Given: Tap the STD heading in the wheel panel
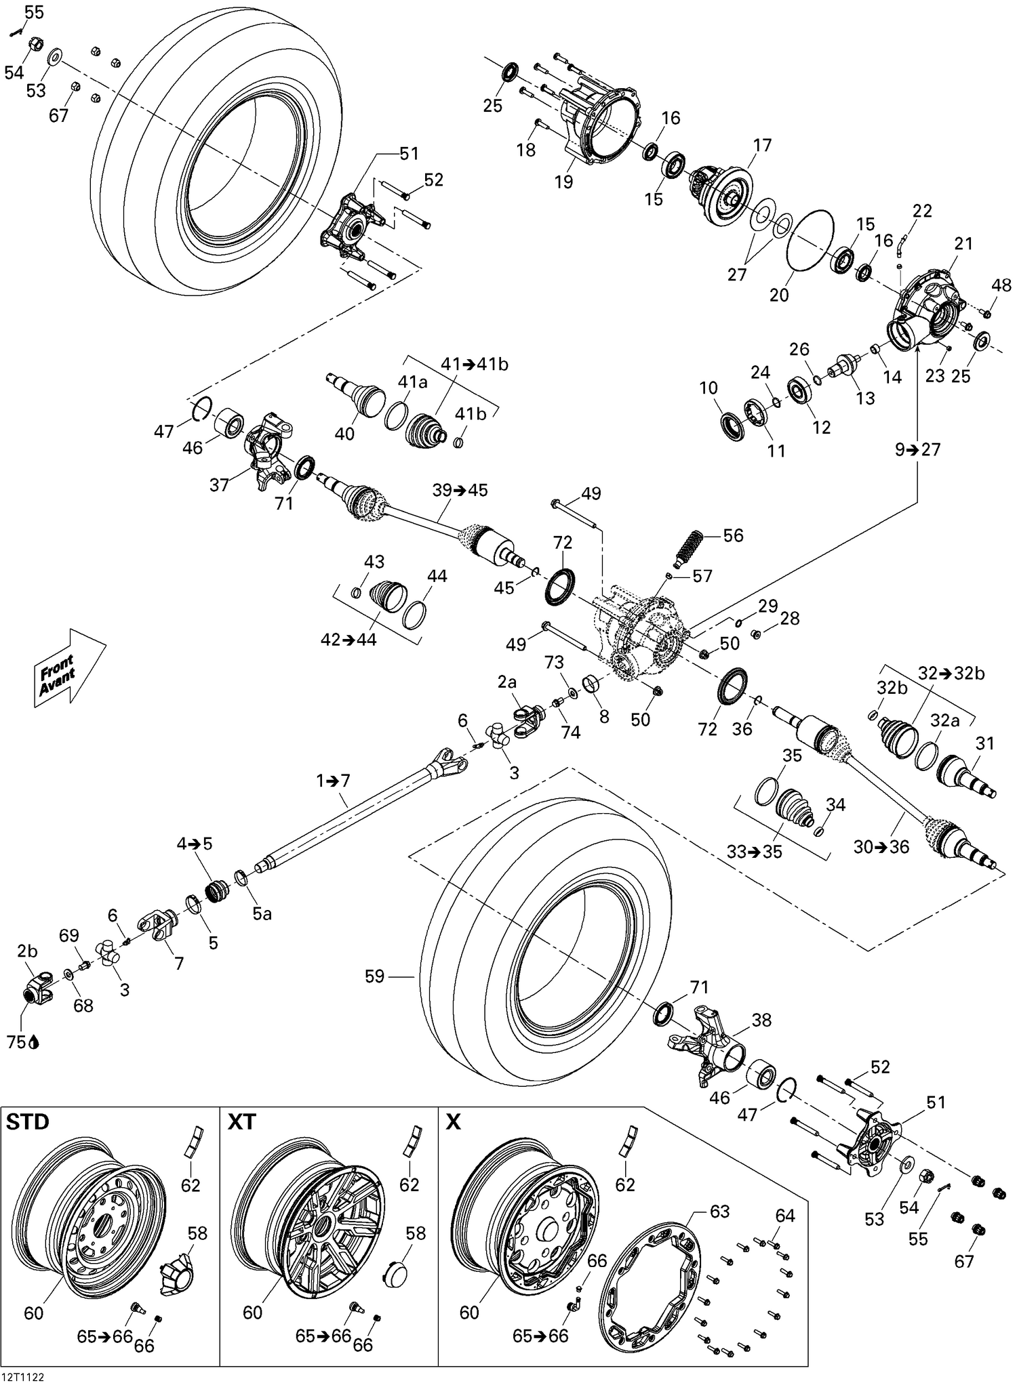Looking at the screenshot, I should point(28,1122).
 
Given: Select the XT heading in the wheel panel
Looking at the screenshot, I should point(242,1122).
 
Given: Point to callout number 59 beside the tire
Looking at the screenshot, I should point(374,976).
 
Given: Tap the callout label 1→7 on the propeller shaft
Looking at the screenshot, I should point(333,781).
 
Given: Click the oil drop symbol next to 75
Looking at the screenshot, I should point(34,1043).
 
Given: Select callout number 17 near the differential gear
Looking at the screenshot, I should point(762,145).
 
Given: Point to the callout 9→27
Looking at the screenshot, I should point(917,449).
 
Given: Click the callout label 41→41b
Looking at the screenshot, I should point(474,364).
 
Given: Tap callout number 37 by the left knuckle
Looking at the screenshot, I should point(219,484).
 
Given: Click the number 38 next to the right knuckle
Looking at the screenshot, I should point(761,1020).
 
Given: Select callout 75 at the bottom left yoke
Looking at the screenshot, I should point(16,1043).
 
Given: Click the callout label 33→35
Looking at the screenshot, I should point(754,852).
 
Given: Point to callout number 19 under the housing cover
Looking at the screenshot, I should point(563,182).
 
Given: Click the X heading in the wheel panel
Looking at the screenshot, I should point(453,1122).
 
